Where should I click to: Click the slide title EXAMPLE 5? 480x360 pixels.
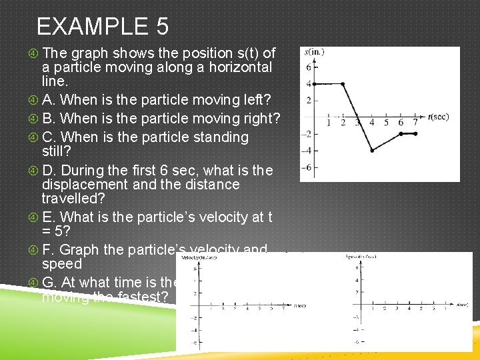[102, 27]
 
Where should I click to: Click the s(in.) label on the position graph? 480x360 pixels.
[315, 51]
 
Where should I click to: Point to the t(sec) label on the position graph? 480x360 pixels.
[438, 117]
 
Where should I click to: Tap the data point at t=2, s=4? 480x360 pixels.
[343, 84]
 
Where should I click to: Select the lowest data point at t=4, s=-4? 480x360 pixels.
[372, 151]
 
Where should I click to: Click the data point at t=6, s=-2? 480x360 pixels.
[401, 133]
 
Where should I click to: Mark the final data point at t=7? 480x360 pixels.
[415, 133]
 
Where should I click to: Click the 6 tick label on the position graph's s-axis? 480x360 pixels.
[309, 67]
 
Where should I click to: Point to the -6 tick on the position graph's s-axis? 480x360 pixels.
[307, 167]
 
